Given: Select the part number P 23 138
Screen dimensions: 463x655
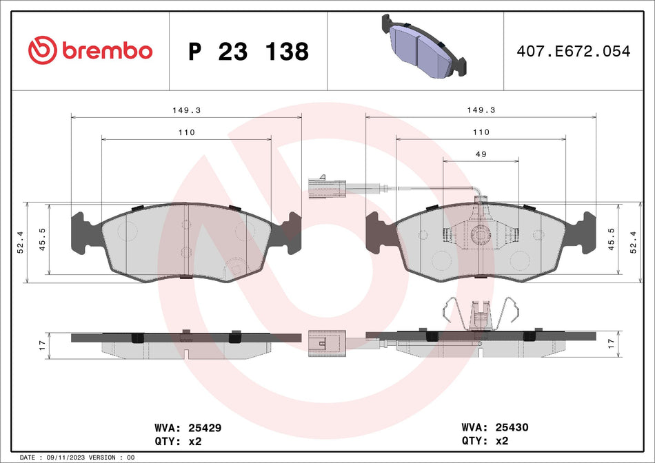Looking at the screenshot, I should (x=248, y=52).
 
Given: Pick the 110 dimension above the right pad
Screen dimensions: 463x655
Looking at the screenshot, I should (x=481, y=132).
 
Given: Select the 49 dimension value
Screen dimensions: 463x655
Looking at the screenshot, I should (x=481, y=154).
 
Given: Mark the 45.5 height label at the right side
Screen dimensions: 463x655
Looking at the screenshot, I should (x=611, y=239).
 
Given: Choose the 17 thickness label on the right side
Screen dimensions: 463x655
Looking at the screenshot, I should (x=611, y=343).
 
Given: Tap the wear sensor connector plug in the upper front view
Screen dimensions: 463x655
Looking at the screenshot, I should (x=326, y=187).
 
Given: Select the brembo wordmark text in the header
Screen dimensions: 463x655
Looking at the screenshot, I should (x=107, y=51).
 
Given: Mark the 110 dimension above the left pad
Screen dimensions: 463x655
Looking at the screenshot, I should (x=186, y=132).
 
